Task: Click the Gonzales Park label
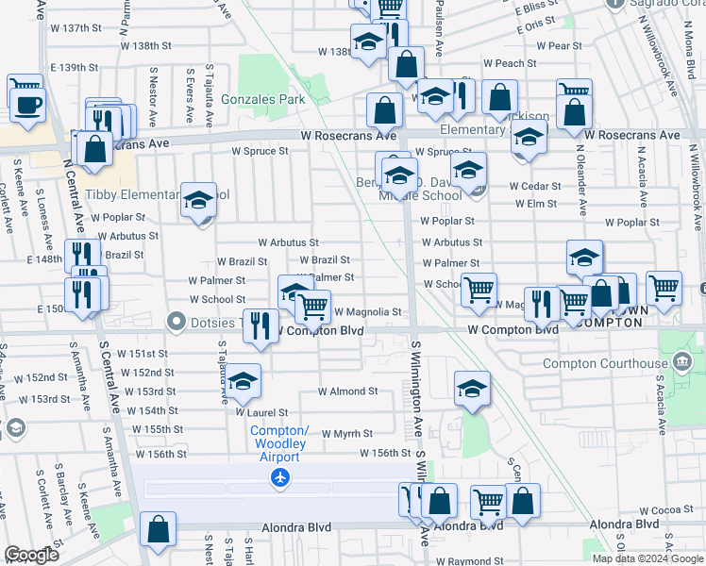click(263, 98)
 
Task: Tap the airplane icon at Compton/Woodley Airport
click(279, 478)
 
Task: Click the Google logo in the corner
click(31, 555)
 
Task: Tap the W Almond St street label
click(347, 391)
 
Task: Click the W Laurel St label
click(261, 412)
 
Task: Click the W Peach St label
click(509, 64)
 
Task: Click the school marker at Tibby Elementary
click(199, 199)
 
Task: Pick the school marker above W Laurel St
click(244, 380)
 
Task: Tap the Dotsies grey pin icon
click(175, 322)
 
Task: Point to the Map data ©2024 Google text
click(647, 558)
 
